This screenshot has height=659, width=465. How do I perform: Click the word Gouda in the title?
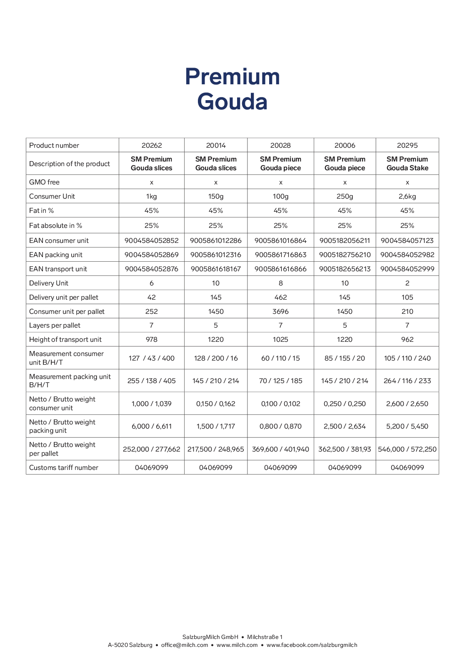(232, 102)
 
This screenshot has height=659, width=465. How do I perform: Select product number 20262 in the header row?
(152, 145)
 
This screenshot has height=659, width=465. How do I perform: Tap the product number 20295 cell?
(407, 145)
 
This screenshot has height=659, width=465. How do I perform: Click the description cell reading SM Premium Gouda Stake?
(407, 164)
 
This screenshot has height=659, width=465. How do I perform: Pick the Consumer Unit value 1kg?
(152, 196)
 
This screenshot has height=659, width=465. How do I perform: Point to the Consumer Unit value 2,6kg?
(407, 196)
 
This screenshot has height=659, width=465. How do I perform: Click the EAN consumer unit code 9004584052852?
(152, 240)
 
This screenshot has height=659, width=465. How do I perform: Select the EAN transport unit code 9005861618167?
(216, 269)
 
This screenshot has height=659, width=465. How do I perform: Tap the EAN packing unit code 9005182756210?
(345, 255)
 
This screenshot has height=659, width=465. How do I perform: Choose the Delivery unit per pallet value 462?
(280, 297)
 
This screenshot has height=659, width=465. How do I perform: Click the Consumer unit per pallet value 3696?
(280, 311)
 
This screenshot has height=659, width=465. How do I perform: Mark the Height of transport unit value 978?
(152, 339)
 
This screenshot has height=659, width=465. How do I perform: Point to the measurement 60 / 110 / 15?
(280, 358)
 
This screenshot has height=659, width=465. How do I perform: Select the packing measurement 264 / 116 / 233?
(407, 381)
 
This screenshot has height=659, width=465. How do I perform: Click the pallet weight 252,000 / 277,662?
(152, 449)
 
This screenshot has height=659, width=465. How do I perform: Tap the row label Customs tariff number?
(64, 467)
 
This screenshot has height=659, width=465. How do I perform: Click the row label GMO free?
(45, 182)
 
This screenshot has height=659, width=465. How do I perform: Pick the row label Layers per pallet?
(55, 325)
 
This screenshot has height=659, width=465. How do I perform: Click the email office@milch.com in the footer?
(185, 645)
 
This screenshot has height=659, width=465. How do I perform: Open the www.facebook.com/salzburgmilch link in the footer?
(312, 645)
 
